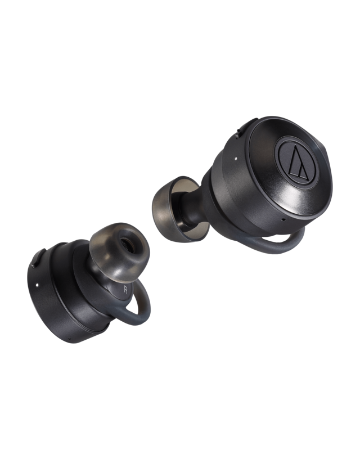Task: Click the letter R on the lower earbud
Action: click(124, 289)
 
